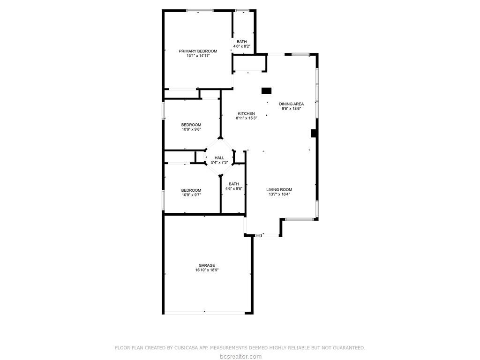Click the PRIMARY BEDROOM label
198,51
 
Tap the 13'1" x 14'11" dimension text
198,55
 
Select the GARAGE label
207,265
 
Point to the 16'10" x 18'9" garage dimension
207,270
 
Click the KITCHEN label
246,113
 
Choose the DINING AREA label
291,104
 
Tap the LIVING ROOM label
279,190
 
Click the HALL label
219,158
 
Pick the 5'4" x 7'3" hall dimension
219,163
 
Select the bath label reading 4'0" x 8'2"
241,46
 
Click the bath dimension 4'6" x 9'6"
233,188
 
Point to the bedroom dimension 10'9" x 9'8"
191,129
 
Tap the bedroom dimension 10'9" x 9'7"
191,195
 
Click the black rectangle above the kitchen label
267,91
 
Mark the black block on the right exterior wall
314,133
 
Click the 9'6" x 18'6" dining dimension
291,108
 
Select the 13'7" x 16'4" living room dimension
279,195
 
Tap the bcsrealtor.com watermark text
240,356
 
